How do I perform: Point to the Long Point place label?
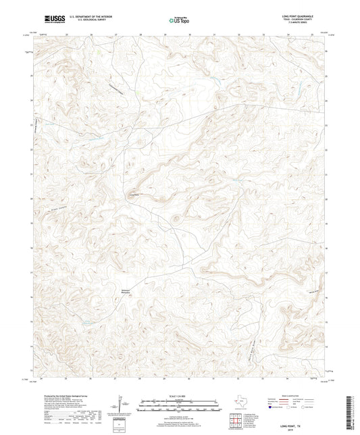134,195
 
